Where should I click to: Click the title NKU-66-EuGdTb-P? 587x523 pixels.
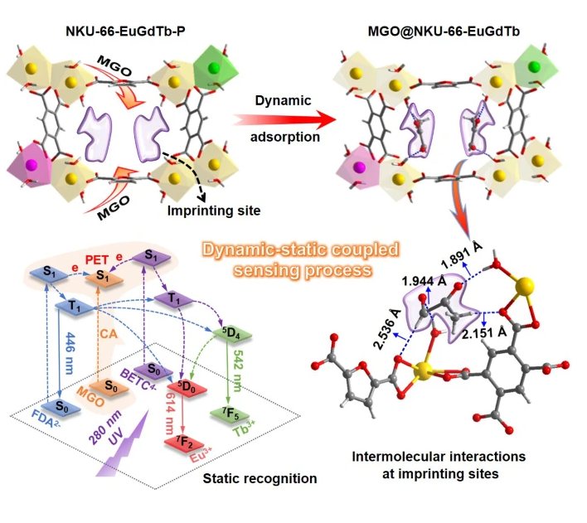(x=119, y=32)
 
